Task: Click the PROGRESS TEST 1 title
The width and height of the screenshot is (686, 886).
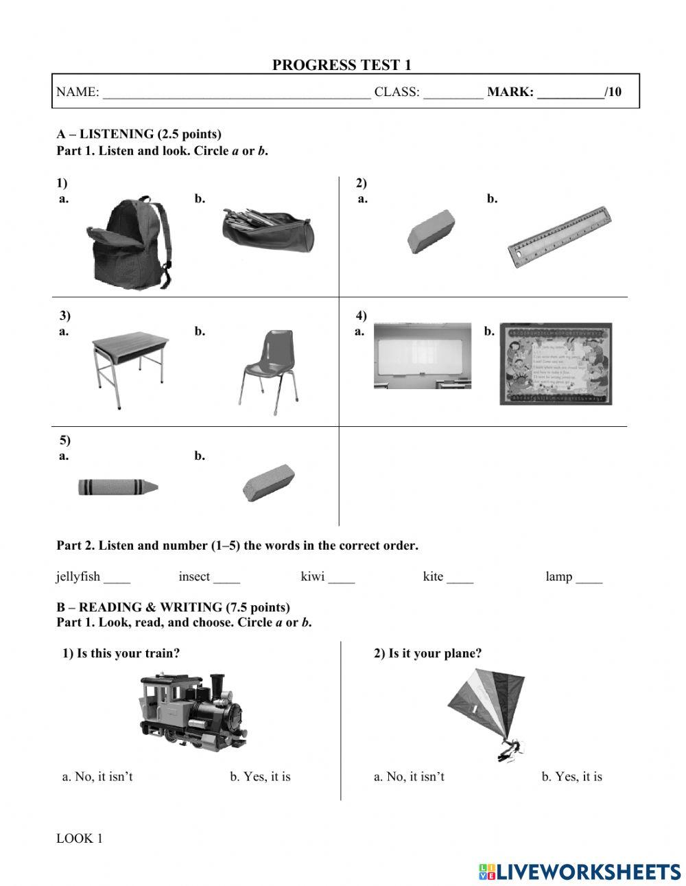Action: (342, 65)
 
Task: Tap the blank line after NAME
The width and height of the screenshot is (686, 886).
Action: (236, 93)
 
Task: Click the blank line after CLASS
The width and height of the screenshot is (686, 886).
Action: (453, 93)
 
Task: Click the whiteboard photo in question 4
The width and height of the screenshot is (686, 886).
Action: (422, 355)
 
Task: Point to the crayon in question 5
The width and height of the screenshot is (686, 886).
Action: (117, 487)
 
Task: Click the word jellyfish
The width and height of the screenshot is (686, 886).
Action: (78, 576)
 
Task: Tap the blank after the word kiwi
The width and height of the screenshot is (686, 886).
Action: (341, 578)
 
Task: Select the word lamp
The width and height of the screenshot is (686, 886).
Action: (558, 576)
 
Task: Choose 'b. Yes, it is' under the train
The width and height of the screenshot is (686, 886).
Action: (260, 777)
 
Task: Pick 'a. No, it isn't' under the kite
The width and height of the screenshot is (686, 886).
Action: (409, 777)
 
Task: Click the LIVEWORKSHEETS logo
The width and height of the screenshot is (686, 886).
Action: (579, 872)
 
